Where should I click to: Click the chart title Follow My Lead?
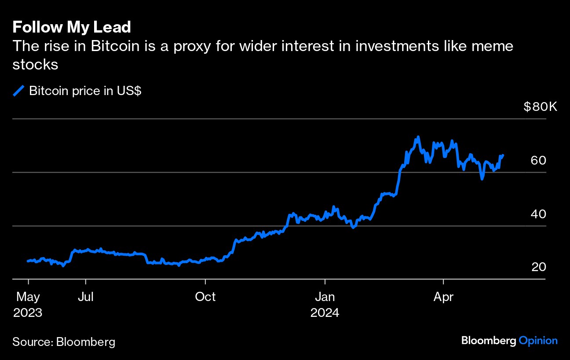coord(72,27)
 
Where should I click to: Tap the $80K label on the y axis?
coord(540,107)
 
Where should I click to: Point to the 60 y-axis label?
coord(538,160)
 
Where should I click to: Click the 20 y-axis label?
coord(538,267)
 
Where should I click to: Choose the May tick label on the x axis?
coord(28,297)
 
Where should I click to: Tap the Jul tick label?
coord(86,297)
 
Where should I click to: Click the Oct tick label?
coord(205,297)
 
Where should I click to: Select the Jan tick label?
coord(325,297)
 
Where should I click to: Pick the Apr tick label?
coord(443,297)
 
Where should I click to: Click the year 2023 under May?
coord(28,313)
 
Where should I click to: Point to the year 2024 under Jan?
coord(325,313)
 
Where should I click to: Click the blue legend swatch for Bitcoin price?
coord(18,91)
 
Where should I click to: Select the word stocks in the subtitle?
coord(36,64)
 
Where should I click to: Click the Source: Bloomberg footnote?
coord(64,342)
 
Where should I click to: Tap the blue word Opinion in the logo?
coord(538,340)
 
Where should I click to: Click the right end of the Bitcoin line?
coord(503,155)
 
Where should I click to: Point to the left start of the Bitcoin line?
coord(28,261)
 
